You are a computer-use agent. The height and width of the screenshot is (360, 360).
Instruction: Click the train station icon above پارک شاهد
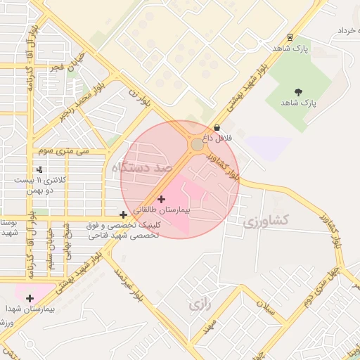[290, 38]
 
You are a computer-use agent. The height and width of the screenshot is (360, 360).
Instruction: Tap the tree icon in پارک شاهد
[299, 91]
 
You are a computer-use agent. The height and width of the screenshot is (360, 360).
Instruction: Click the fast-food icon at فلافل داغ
[217, 127]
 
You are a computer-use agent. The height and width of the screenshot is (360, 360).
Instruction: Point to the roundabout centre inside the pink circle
[197, 145]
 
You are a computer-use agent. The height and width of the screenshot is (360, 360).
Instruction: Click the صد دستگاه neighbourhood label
[141, 167]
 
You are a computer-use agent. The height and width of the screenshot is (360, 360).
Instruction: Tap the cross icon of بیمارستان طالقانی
[161, 199]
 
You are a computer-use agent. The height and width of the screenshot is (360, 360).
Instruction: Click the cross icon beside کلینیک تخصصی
[124, 214]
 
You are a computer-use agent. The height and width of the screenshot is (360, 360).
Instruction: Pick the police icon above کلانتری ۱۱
[39, 169]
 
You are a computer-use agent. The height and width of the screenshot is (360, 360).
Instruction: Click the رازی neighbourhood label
[199, 304]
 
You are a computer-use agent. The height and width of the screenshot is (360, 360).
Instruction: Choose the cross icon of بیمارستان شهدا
[30, 298]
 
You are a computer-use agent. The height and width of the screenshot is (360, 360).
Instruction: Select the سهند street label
[208, 326]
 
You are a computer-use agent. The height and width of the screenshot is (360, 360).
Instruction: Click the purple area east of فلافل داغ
[269, 148]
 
